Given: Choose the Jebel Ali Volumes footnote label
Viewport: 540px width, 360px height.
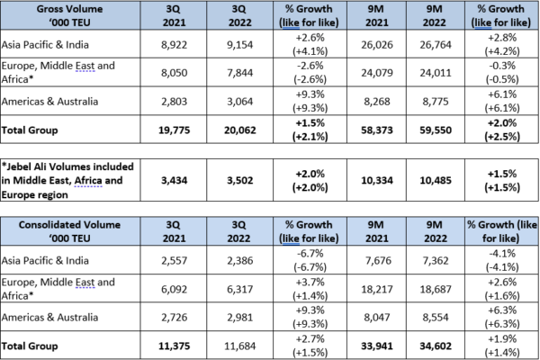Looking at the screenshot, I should point(67,180).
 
